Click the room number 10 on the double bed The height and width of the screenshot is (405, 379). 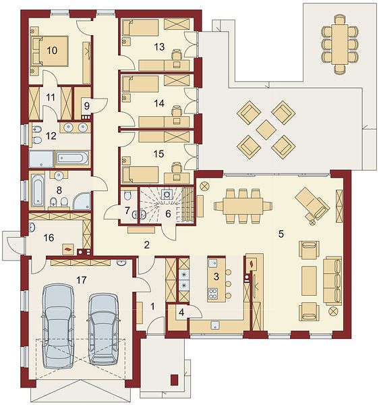coord(52,50)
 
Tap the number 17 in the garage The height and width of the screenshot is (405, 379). coord(82,279)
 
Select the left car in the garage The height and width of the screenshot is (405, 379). coord(57,326)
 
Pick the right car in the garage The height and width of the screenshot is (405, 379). coord(103,329)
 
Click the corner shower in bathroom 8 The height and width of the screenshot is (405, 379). coord(82,201)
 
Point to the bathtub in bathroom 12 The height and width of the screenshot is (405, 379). coord(72,158)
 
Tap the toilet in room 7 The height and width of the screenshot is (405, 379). coord(127,195)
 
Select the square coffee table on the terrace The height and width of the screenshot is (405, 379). coord(266,130)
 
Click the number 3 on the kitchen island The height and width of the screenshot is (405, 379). coord(216,276)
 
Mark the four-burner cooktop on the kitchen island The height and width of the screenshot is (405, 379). coord(213,294)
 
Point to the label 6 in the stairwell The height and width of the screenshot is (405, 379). coord(168,214)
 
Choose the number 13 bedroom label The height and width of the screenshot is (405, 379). coord(159,47)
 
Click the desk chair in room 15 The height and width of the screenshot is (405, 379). coord(177,167)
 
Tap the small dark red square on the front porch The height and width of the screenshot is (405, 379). coord(175,379)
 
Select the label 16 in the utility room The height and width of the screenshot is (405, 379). coord(49,238)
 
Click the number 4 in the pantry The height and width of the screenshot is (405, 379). coord(181,313)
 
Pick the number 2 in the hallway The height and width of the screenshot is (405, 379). coord(147,245)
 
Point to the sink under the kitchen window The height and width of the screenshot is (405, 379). coord(215,325)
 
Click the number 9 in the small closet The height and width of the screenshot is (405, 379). coord(87,106)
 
